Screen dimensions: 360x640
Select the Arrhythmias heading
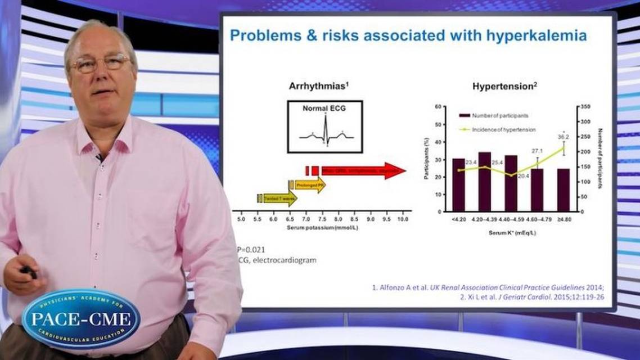[321, 86]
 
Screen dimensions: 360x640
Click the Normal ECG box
[324, 127]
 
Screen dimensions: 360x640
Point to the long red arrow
[360, 170]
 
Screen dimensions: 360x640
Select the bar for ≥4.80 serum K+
[563, 190]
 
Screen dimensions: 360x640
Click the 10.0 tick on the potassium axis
[403, 218]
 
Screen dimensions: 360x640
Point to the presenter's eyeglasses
[101, 63]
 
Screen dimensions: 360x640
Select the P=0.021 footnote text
[251, 249]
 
